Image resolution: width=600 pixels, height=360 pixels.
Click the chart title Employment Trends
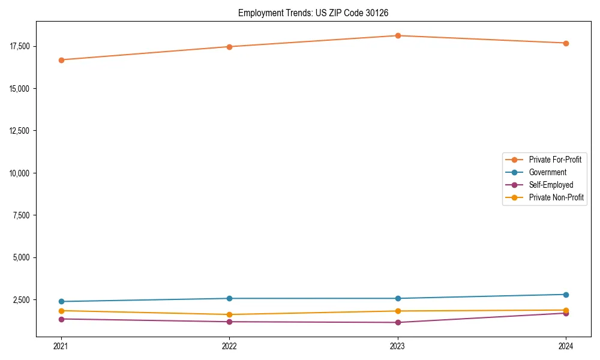[x=317, y=13]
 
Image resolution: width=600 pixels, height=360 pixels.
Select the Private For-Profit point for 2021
[x=61, y=60]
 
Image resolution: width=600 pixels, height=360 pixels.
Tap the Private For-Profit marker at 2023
[x=398, y=36]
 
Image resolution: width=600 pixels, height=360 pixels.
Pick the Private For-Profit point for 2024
[x=566, y=43]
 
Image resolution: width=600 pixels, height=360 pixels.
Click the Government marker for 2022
[x=229, y=298]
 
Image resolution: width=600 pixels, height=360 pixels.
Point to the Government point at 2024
[x=566, y=295]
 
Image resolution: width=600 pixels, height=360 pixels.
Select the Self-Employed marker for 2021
[x=61, y=319]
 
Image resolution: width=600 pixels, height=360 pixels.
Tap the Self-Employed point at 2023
[x=398, y=322]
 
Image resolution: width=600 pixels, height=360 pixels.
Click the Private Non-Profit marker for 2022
[x=229, y=314]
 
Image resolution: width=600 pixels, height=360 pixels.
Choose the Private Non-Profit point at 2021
[x=61, y=311]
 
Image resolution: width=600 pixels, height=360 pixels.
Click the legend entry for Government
[x=547, y=172]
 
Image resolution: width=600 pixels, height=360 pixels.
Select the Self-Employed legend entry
[x=551, y=185]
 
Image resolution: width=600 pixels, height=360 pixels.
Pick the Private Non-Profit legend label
[x=556, y=197]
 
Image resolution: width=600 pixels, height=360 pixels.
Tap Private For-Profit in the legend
[x=554, y=160]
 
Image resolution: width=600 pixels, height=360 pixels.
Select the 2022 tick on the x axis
[x=229, y=346]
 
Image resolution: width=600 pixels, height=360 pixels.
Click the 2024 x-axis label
[x=566, y=346]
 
